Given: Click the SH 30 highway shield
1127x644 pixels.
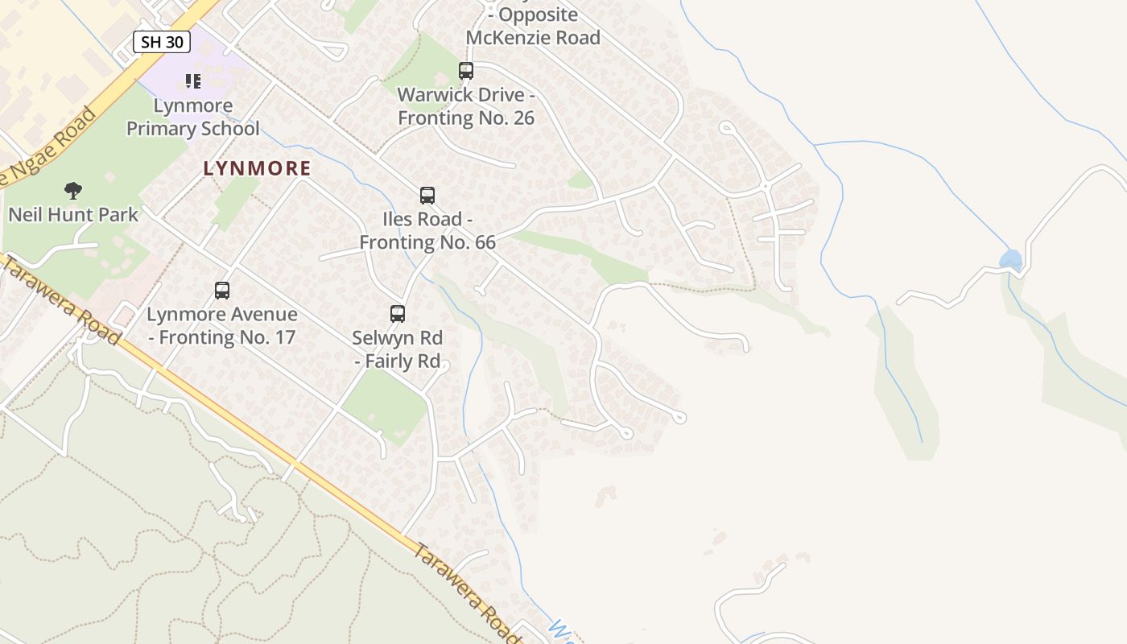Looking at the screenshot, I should pos(162,42).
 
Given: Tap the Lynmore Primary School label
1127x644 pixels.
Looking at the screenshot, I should pos(193,118).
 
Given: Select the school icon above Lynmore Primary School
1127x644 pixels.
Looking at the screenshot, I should pos(193,80).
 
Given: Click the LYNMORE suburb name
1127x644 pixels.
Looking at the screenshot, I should pos(257,168).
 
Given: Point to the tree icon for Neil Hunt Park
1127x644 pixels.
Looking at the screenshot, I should pos(73,191).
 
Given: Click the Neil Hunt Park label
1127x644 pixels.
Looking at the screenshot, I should pos(73,215).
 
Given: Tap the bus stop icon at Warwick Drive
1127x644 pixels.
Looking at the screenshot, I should pos(466,71).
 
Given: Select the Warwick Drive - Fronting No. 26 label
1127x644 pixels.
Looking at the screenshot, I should pos(466,106).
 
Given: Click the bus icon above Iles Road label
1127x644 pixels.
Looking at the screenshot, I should pos(427,196).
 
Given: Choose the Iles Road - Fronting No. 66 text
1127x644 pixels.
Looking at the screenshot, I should pos(427,230).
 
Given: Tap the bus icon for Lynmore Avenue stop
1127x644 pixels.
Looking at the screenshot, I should pos(222,291).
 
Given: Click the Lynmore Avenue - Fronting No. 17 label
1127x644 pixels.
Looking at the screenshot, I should pos(222,326).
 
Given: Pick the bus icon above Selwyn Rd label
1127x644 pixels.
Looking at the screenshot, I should pos(398,314).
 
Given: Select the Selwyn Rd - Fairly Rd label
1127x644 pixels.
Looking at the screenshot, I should pos(398,349).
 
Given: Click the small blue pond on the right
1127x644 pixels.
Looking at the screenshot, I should pos(1010,260).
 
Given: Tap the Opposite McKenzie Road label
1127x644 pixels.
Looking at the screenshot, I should pos(533,27).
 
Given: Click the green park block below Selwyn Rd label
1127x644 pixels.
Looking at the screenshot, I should pos(387,406).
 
